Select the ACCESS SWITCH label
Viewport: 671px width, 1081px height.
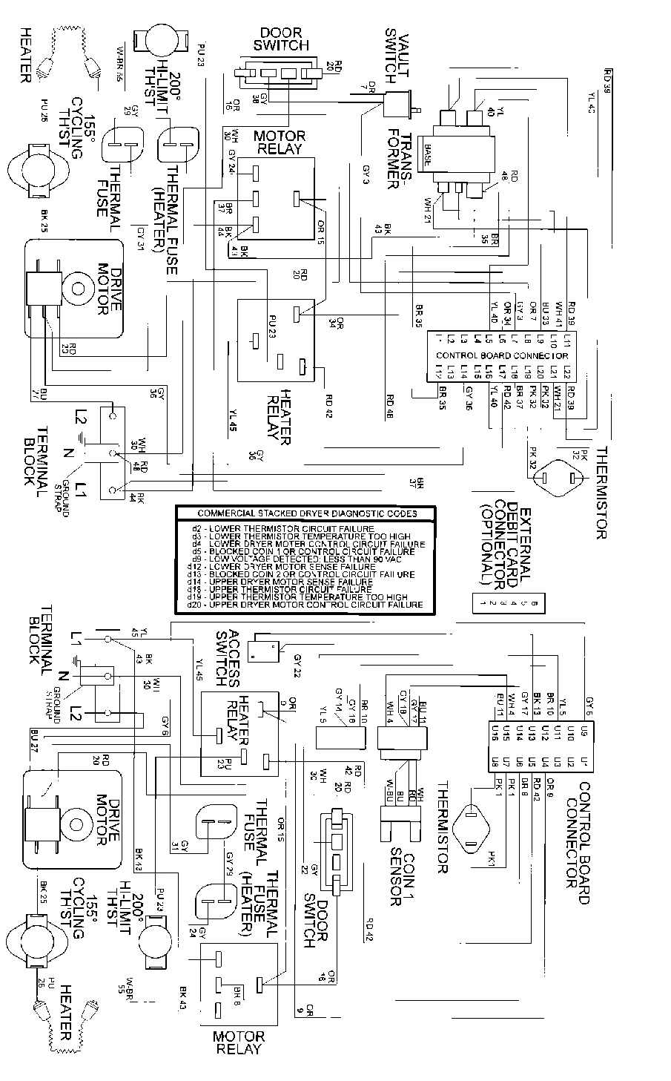tap(227, 659)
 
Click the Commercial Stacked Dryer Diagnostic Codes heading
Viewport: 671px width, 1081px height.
tap(306, 513)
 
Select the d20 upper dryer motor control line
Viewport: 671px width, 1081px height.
tap(305, 605)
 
